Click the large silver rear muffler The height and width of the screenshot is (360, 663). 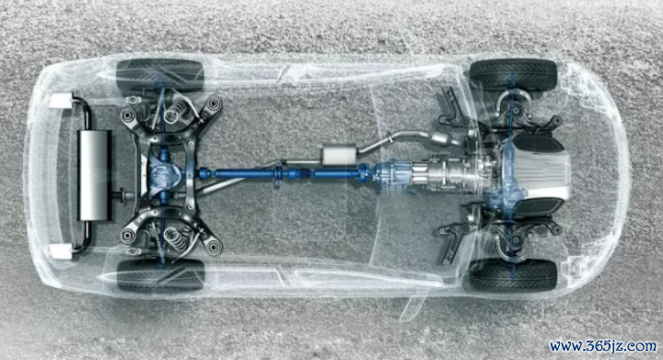pyautogui.click(x=95, y=175)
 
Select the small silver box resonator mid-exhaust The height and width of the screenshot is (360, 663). pyautogui.click(x=339, y=155)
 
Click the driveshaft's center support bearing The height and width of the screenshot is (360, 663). pyautogui.click(x=278, y=174)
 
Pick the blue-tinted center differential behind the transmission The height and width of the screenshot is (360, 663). pyautogui.click(x=391, y=175)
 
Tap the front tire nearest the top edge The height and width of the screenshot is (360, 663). pyautogui.click(x=513, y=75)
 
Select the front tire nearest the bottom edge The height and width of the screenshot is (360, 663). pyautogui.click(x=513, y=274)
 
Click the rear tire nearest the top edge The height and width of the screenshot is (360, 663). pyautogui.click(x=160, y=75)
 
